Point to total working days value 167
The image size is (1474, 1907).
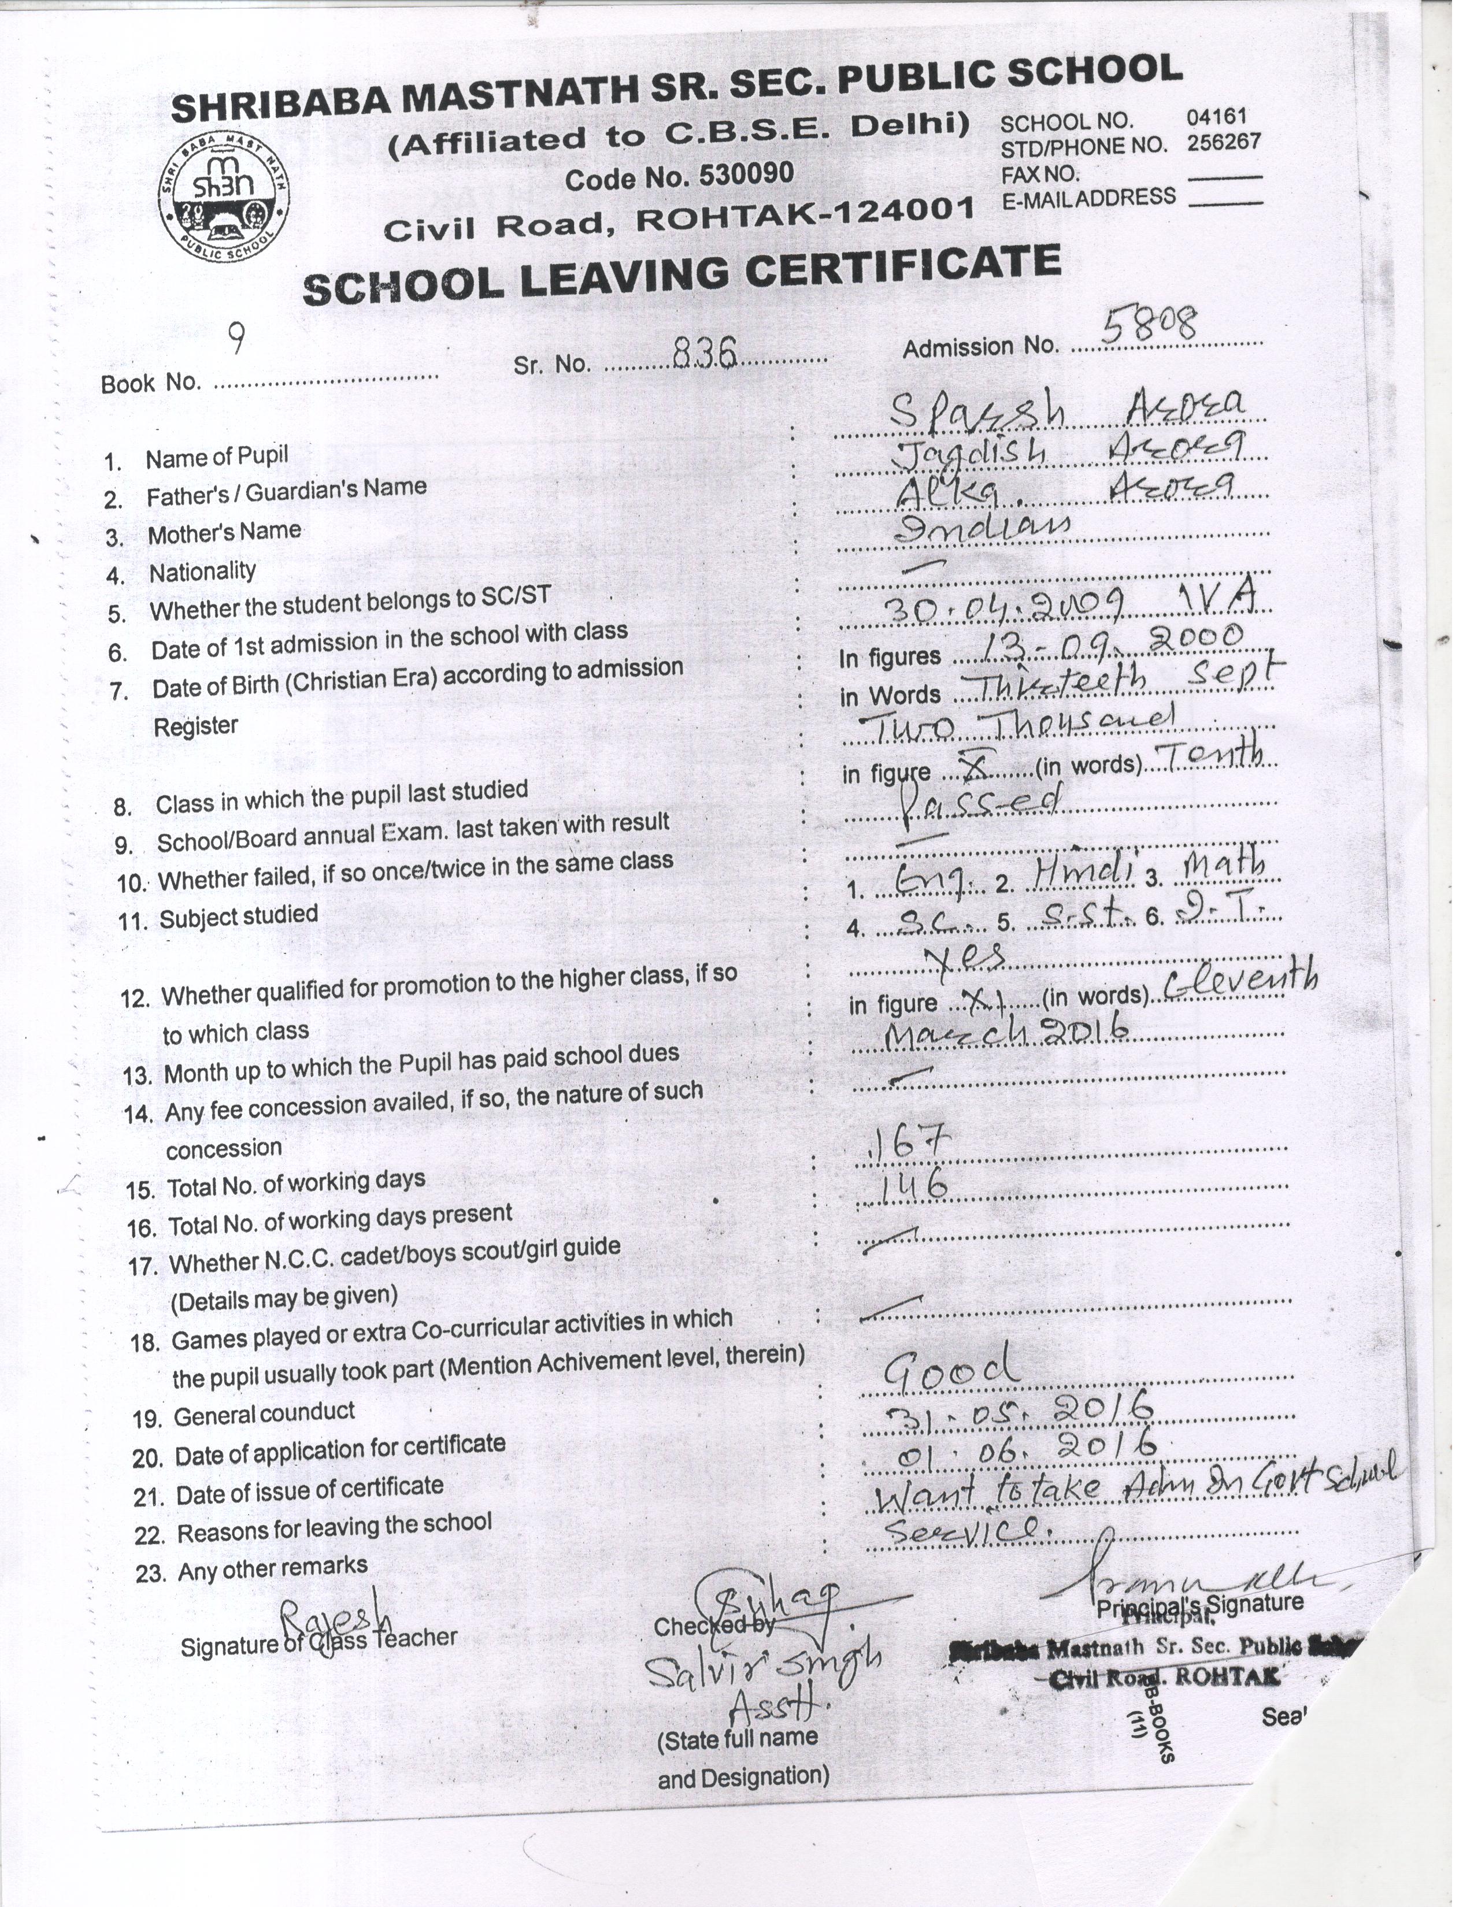click(x=906, y=1144)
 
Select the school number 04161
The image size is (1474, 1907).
click(x=1216, y=116)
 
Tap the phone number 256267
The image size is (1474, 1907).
click(x=1223, y=142)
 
